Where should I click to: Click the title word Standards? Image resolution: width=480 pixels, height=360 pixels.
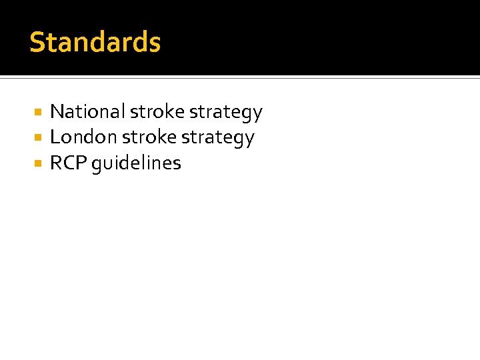point(95,42)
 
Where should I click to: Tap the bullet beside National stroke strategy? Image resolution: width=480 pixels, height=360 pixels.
point(39,112)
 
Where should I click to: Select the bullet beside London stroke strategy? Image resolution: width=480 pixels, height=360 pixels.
point(39,138)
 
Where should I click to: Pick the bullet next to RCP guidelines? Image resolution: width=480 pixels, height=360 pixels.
point(39,163)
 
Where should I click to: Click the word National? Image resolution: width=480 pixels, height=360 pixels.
point(88,111)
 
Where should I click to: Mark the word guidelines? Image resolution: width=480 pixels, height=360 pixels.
point(137,164)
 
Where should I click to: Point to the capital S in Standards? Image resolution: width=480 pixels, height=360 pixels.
point(37,42)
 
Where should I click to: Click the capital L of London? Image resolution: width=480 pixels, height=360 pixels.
point(55,137)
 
